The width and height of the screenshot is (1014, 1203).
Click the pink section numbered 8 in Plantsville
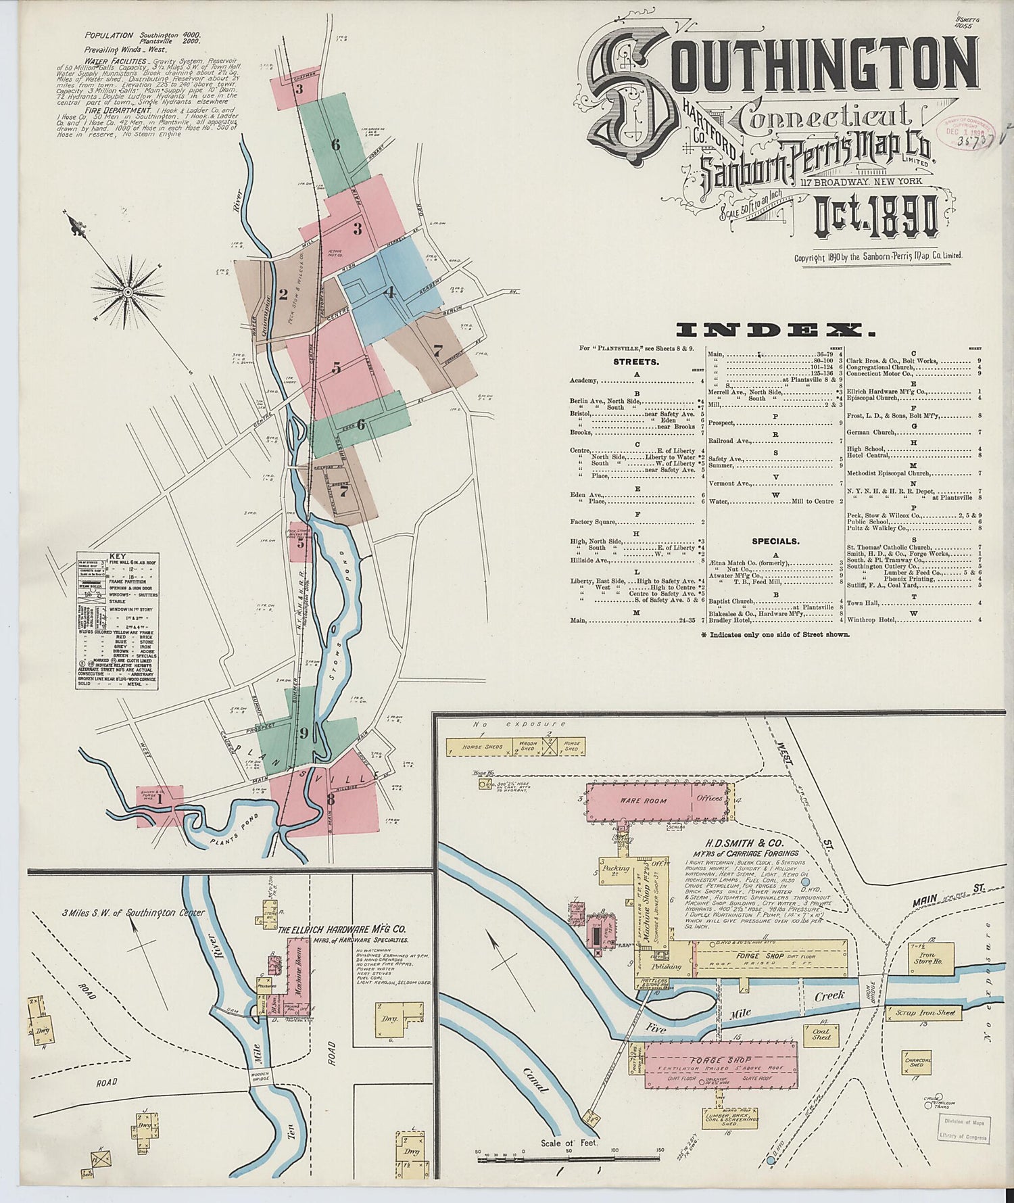pos(331,799)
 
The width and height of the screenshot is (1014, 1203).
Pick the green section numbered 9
pos(304,732)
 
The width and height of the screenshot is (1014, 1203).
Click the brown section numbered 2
pos(283,294)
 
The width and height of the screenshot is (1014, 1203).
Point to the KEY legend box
pos(117,621)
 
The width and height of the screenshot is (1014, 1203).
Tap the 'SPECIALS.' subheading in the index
pos(775,541)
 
